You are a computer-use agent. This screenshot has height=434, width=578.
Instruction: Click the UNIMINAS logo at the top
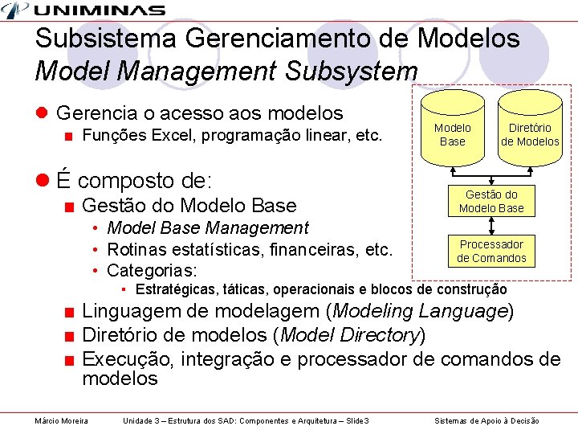tap(83, 10)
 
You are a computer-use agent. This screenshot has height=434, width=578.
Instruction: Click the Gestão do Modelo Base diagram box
tap(491, 201)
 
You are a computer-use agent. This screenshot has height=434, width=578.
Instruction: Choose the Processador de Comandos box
tap(491, 251)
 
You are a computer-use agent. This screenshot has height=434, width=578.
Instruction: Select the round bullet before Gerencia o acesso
tap(42, 114)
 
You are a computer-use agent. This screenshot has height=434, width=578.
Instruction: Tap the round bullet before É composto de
tap(42, 179)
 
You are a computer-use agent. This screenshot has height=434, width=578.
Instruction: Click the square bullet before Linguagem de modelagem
tap(71, 312)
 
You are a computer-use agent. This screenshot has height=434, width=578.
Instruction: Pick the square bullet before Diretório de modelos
tap(71, 336)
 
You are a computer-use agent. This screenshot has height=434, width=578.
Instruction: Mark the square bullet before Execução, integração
tap(71, 360)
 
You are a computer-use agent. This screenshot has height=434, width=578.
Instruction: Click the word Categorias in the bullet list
tap(152, 269)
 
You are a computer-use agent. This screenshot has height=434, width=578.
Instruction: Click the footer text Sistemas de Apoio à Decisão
tap(486, 421)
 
